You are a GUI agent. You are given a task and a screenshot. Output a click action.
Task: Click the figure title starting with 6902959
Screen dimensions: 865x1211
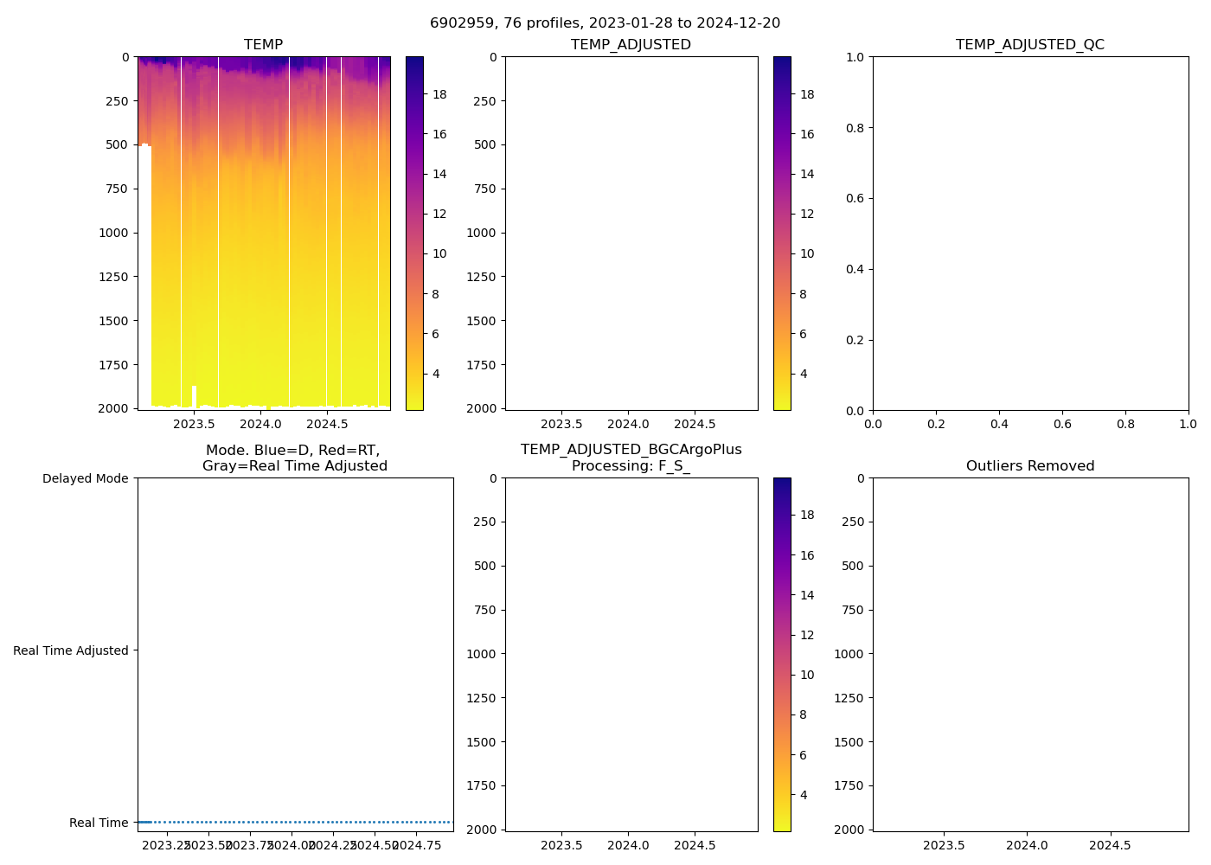click(605, 23)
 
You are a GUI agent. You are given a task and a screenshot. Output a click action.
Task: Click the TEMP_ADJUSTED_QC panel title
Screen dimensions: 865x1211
click(1029, 45)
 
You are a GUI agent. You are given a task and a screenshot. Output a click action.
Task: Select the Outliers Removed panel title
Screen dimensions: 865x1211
click(1029, 466)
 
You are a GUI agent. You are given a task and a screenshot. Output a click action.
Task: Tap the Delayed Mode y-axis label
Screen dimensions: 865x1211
click(85, 478)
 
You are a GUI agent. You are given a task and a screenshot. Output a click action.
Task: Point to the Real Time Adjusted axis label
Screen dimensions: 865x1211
click(70, 650)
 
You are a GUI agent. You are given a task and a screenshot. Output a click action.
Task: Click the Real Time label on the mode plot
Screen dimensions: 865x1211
click(99, 823)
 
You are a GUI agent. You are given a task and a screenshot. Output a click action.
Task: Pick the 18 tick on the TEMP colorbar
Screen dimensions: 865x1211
click(439, 94)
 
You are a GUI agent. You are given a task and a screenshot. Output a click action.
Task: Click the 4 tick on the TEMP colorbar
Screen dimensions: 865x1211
click(436, 374)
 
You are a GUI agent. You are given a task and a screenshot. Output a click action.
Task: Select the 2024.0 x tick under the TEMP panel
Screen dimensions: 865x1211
click(260, 424)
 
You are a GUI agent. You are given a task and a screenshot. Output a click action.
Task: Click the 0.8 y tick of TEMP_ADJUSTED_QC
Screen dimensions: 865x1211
click(855, 128)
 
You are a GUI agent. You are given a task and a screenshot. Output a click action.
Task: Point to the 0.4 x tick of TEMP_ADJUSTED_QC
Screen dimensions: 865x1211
click(999, 424)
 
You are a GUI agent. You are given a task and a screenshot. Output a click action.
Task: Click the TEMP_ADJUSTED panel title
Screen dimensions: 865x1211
click(631, 45)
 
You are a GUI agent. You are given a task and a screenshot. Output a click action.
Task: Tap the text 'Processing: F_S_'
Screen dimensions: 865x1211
click(631, 466)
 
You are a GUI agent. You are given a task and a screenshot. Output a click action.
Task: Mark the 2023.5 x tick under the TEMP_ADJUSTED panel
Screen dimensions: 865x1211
click(561, 424)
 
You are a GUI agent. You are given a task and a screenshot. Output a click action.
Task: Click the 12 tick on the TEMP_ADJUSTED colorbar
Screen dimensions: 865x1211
click(807, 214)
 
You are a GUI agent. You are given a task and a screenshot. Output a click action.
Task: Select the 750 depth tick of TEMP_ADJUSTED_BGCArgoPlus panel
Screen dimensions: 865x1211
click(484, 610)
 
